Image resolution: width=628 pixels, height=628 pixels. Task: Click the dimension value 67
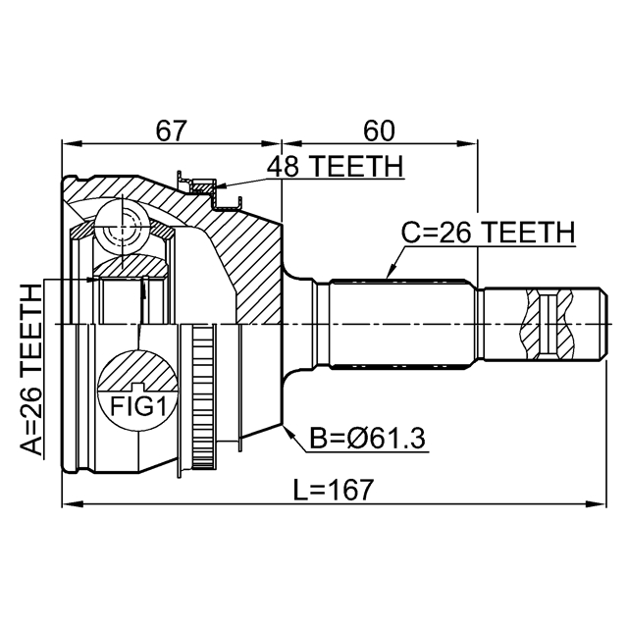172,131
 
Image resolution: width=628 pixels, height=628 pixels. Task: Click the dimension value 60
379,131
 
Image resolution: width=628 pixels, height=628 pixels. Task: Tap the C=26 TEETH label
489,233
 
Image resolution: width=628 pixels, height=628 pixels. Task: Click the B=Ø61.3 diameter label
368,439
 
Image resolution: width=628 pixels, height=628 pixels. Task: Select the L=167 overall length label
334,490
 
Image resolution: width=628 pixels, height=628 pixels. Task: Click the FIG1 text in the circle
137,406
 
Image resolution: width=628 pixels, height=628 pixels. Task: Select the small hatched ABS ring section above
203,185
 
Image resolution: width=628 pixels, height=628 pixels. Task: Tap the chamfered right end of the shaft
603,324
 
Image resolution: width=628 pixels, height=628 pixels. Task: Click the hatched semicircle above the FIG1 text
137,371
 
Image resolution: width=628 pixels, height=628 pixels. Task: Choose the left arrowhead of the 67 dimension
72,143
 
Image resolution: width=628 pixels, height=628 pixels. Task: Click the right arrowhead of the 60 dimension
467,143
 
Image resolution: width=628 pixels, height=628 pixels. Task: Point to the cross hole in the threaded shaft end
548,324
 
